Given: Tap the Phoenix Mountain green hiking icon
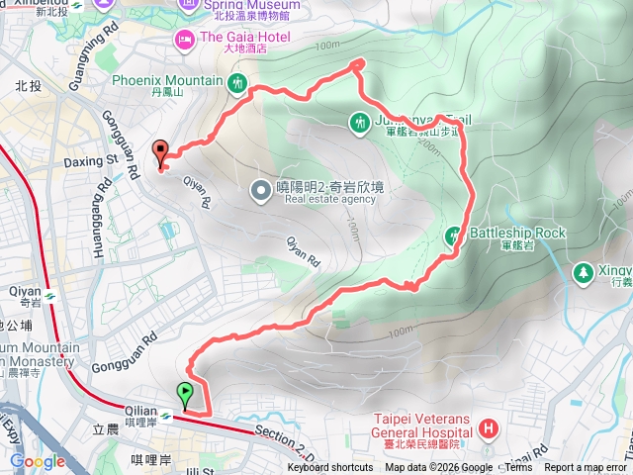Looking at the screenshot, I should (x=238, y=82).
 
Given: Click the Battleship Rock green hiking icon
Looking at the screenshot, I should (x=454, y=236).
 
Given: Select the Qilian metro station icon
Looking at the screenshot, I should (x=166, y=417).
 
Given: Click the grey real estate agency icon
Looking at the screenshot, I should (x=259, y=188).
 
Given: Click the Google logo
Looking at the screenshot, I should (x=38, y=461).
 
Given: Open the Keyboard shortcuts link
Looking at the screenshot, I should (x=330, y=468).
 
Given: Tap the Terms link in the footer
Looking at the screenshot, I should (x=518, y=468).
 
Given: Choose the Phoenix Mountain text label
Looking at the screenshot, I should (x=167, y=80).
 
